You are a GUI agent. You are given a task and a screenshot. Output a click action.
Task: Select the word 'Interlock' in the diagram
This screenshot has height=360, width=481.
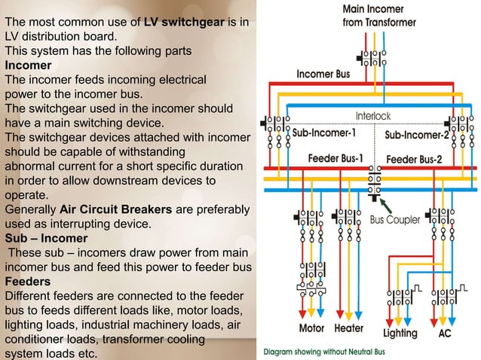coord(372,117)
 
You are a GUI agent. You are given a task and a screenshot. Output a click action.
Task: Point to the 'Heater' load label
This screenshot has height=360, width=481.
coord(348,329)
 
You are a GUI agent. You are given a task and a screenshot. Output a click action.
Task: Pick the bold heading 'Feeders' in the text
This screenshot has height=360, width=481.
coord(27,281)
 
